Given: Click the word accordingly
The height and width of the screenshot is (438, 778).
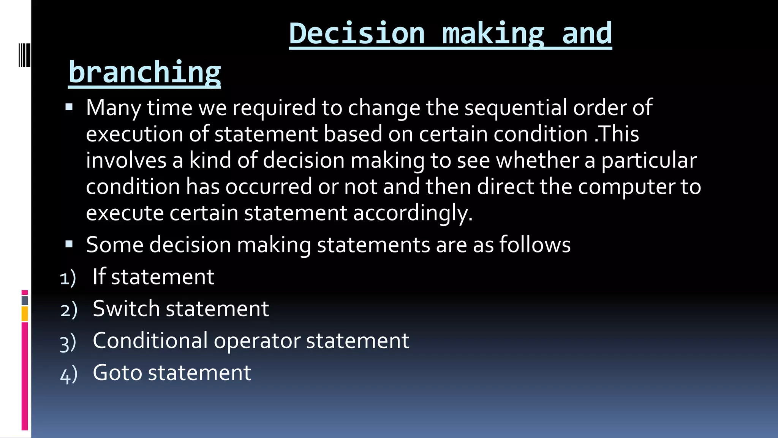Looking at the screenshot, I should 413,213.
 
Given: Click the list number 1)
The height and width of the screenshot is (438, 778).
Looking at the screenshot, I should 68,278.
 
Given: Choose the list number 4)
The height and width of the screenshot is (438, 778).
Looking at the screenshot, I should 69,374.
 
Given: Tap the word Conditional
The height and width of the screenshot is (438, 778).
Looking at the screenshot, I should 150,340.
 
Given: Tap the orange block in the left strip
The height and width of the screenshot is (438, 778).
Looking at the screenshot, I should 25,314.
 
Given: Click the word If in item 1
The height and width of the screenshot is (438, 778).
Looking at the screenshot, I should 99,276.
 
